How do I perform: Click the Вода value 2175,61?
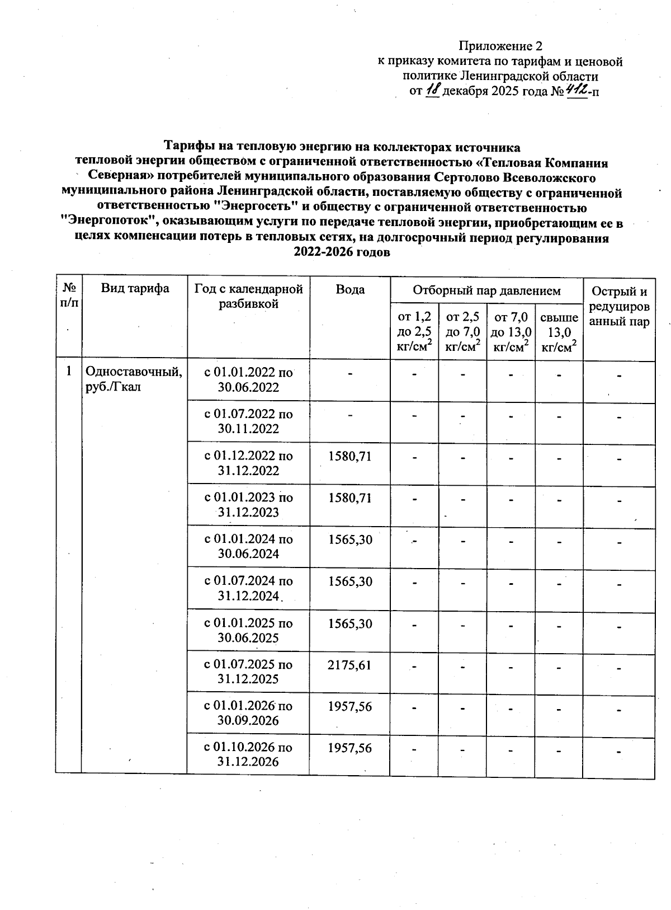pos(349,665)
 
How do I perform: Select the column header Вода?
pos(350,289)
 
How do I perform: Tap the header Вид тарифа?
pos(135,289)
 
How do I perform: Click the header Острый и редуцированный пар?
pos(619,306)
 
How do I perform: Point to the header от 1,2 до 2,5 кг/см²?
pos(414,331)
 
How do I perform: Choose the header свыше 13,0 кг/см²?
pos(559,331)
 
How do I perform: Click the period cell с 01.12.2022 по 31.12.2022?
pos(248,463)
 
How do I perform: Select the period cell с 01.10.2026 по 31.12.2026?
pos(248,754)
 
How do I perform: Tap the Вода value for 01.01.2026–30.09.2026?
pos(349,706)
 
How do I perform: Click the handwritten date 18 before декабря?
pos(433,90)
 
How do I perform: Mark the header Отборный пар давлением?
pos(486,290)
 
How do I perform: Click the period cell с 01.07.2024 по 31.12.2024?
pos(248,588)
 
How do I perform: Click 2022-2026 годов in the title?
pos(341,252)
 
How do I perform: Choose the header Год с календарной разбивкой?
pos(248,296)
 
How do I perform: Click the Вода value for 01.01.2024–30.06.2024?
pos(349,540)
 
